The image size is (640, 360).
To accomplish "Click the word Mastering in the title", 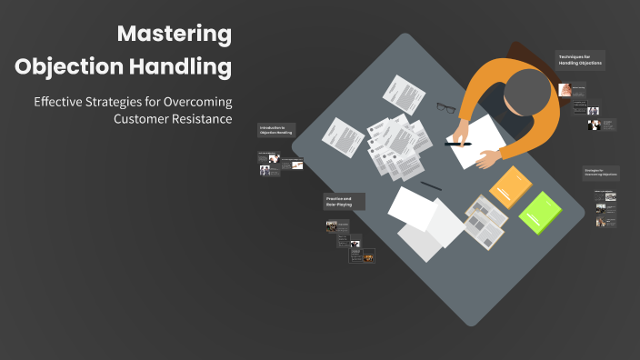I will click(175, 35).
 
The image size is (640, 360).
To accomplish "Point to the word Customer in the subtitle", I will click(145, 118).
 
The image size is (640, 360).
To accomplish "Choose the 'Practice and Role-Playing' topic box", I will click(345, 201).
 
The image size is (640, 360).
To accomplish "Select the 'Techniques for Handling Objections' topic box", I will click(580, 61).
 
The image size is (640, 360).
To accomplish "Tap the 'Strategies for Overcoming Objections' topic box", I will click(601, 173).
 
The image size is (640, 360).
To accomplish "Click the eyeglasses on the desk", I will click(445, 107).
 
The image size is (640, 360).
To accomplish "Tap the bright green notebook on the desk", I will click(542, 213).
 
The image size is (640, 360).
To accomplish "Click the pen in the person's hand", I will click(458, 144).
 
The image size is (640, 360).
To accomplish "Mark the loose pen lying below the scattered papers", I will click(431, 185).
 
